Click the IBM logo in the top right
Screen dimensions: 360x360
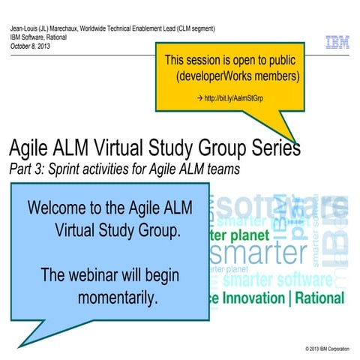[x=337, y=43]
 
